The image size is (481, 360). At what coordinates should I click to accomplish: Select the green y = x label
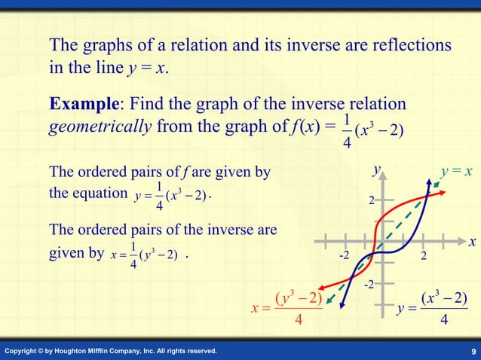coord(456,172)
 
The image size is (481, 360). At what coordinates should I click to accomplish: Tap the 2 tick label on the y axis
coord(371,201)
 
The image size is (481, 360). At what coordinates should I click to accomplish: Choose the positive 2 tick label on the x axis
coord(424,257)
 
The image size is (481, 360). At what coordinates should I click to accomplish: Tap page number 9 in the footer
coord(471,352)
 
